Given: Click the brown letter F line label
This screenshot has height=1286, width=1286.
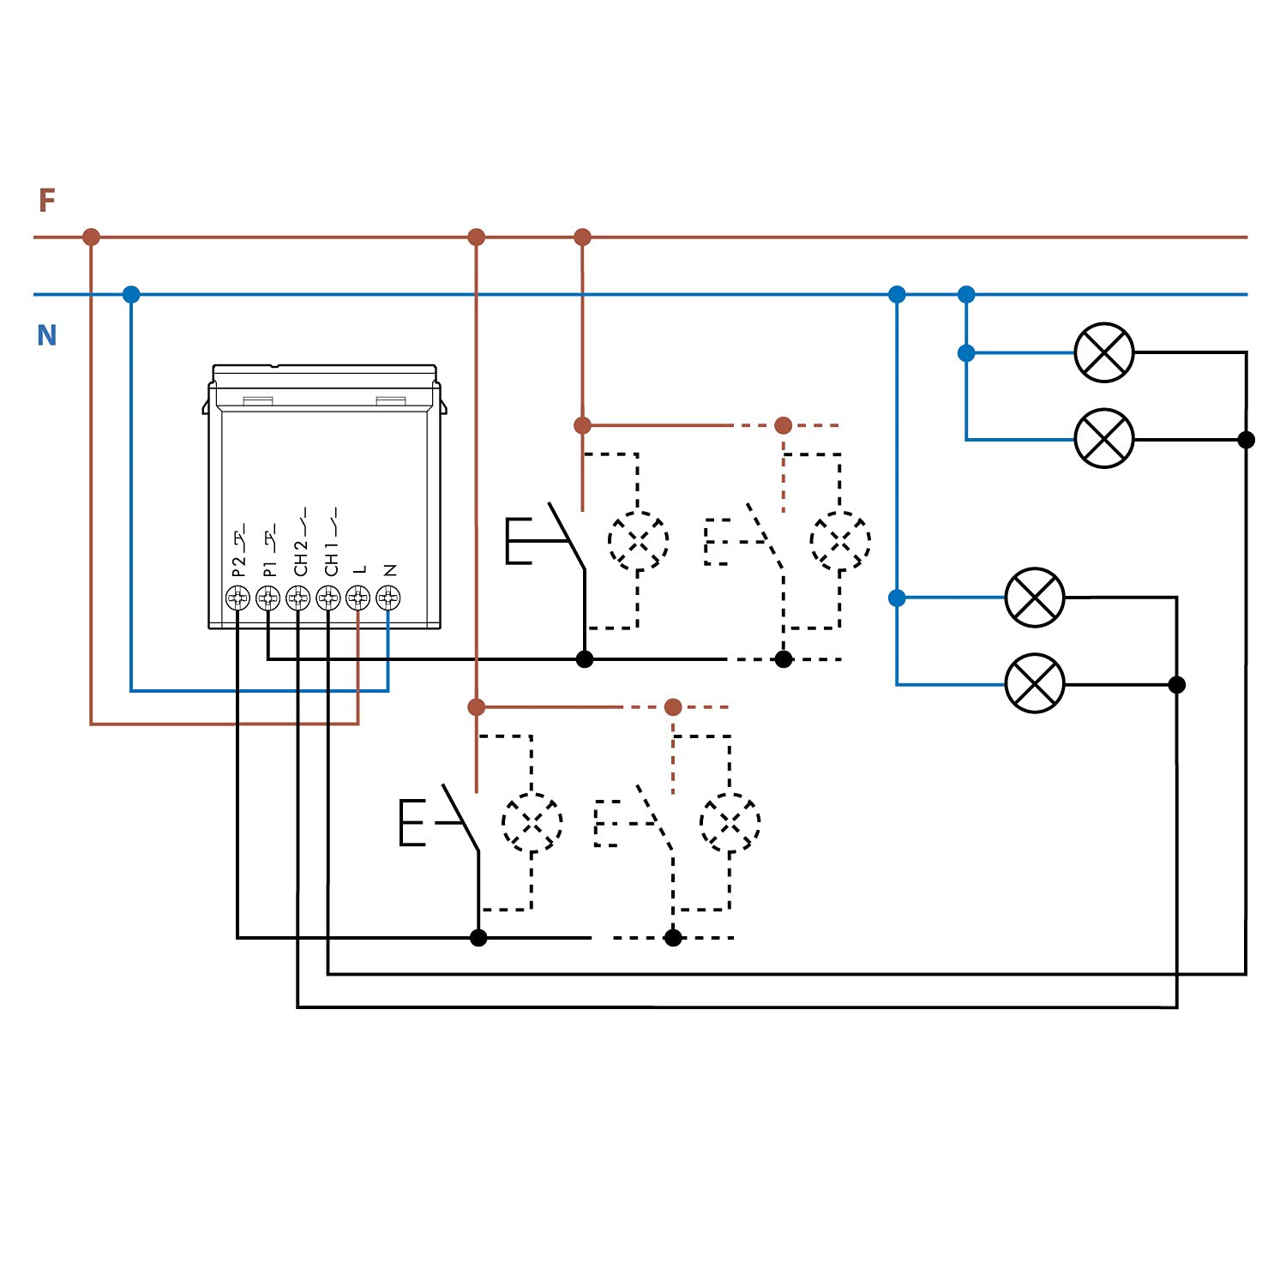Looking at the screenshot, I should point(47,201).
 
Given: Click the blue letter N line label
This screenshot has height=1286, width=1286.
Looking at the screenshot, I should point(47,334).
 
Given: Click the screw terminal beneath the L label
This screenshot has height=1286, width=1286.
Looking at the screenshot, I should point(358,598).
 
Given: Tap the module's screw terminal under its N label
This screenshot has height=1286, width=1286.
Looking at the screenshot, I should point(388,598).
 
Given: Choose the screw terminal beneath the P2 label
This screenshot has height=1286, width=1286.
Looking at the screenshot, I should point(237,598).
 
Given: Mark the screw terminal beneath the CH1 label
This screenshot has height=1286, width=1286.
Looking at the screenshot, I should point(328,598).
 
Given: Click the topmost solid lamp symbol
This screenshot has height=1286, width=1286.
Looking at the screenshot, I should point(1104,352).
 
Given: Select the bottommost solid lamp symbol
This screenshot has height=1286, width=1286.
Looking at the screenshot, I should point(1035,683).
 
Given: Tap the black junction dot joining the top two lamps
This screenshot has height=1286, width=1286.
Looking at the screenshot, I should point(1247,440).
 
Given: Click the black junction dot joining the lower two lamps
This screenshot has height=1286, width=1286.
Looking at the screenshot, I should point(1177,684).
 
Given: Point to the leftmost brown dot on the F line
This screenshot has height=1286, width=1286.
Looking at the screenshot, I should point(91,237).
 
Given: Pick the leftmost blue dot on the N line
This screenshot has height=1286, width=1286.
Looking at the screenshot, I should point(131,295).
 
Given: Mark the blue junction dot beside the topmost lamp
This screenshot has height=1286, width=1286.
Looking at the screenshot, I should point(966,352).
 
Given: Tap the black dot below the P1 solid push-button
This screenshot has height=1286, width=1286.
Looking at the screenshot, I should point(585,659).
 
